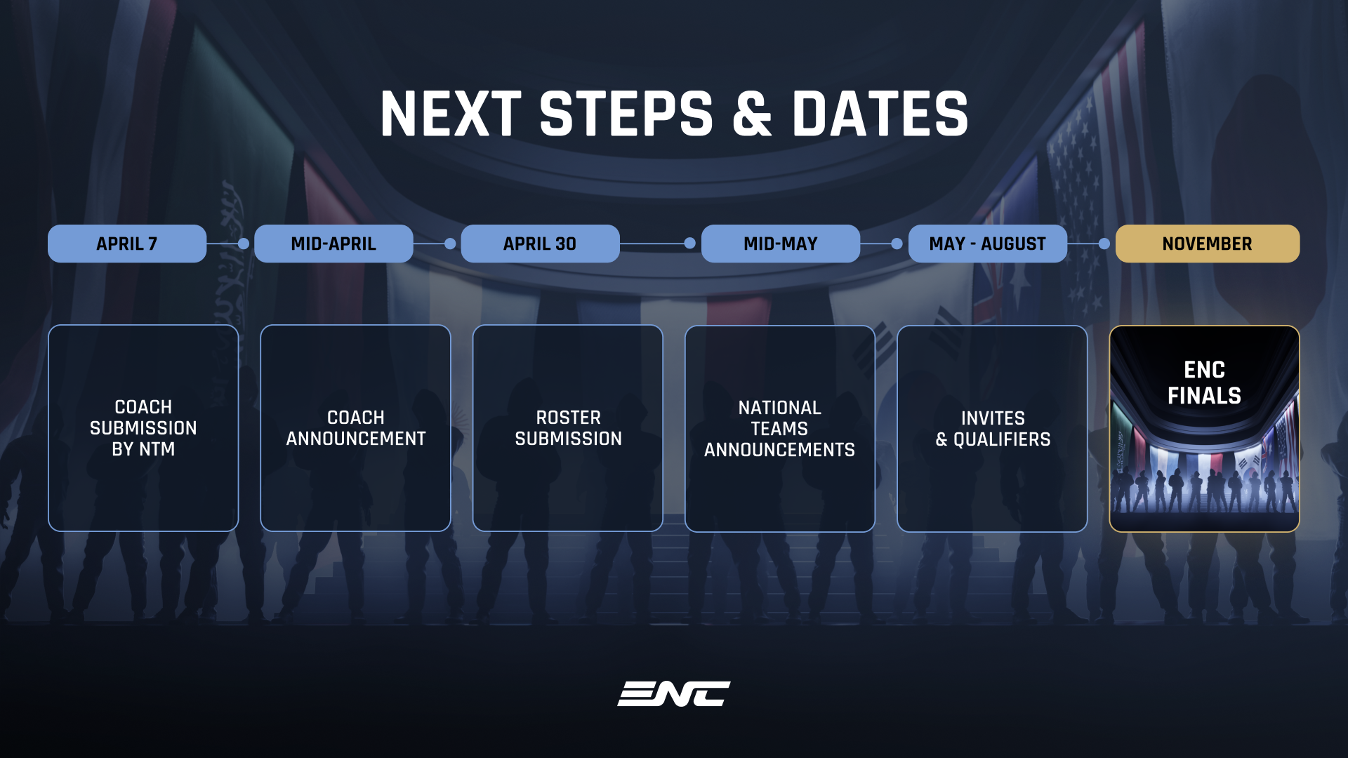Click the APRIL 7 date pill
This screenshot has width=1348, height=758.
[127, 244]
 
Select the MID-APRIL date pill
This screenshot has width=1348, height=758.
[333, 244]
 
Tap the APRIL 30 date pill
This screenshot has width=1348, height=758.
[540, 244]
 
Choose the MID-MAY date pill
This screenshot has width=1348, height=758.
[781, 244]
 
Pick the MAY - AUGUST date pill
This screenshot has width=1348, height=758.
[988, 244]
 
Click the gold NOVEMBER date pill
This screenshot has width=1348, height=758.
[1208, 244]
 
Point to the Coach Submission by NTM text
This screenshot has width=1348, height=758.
[143, 428]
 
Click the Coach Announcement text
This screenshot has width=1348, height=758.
[356, 428]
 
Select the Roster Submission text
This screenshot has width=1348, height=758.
[569, 428]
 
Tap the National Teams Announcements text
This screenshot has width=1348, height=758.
[780, 429]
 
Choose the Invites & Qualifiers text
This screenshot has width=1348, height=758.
[993, 429]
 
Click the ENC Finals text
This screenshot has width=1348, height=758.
[1205, 383]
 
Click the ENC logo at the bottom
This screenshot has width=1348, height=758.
[674, 693]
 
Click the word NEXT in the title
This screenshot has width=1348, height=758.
[451, 114]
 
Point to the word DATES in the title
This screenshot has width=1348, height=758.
[880, 114]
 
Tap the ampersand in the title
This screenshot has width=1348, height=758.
[753, 114]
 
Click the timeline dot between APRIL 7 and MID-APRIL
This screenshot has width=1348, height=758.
[244, 244]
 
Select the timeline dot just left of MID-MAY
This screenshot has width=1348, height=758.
[690, 243]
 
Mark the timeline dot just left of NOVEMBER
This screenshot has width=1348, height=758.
[1104, 244]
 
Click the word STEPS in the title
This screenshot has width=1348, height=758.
[626, 114]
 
